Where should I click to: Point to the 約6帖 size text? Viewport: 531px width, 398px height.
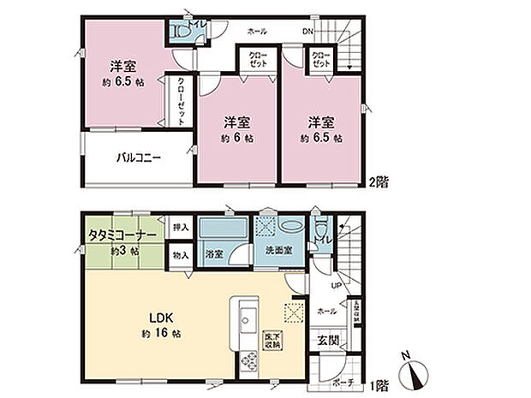(x=236, y=138)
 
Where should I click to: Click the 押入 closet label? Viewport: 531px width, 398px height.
(x=179, y=228)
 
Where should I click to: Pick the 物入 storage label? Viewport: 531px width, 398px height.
(x=179, y=255)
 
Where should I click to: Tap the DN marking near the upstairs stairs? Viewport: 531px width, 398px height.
(x=307, y=31)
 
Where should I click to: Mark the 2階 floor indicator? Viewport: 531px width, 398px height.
(x=379, y=182)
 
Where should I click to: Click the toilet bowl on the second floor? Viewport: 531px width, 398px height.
(x=180, y=33)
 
